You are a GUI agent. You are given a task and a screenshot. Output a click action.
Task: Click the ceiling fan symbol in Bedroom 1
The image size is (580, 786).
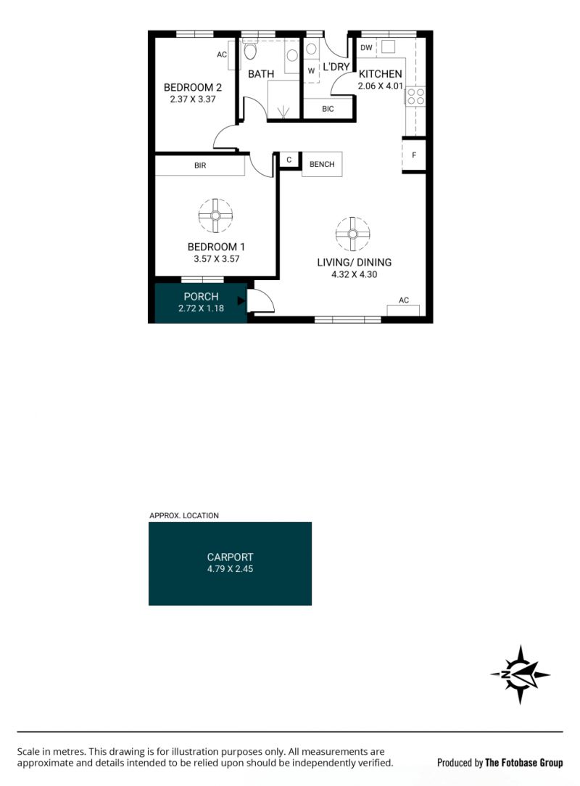point(215,216)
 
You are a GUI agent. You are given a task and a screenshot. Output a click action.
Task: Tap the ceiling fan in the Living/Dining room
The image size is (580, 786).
point(352,234)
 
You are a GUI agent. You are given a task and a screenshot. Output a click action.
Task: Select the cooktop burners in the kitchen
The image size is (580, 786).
point(415,97)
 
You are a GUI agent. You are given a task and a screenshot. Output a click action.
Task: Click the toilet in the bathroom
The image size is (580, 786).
point(250,51)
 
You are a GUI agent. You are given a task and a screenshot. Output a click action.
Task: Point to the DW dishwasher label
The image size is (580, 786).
point(366,48)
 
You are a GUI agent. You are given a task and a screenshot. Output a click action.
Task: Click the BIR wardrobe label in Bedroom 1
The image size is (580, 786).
point(200,165)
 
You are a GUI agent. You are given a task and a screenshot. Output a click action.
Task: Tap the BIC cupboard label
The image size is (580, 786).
point(328,109)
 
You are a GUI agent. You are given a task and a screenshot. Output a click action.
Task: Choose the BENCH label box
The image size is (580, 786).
point(322,165)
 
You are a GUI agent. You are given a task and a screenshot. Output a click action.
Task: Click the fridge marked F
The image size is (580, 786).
point(414,155)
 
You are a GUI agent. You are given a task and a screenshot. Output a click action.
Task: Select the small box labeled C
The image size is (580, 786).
point(289,160)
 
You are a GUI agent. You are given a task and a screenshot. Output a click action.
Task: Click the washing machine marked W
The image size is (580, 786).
point(311,70)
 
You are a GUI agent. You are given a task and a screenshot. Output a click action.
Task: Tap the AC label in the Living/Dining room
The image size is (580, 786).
point(404,300)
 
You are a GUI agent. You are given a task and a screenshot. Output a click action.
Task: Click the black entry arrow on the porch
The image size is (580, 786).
point(241,300)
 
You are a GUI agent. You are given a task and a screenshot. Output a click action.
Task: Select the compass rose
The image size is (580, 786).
point(521,675)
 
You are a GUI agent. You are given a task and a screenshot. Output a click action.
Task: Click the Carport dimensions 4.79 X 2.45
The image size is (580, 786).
point(231,569)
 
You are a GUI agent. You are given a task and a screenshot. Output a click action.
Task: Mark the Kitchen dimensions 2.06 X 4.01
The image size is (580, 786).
point(380,86)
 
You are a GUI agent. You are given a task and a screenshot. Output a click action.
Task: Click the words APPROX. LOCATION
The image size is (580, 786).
point(184,515)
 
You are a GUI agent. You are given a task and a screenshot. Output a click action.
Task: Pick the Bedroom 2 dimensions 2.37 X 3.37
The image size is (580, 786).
point(193,99)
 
